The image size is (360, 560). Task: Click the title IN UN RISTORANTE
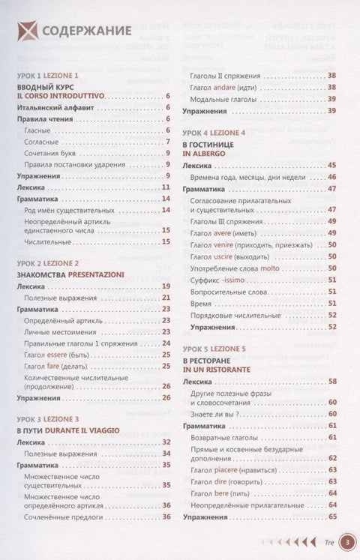point(218,370)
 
